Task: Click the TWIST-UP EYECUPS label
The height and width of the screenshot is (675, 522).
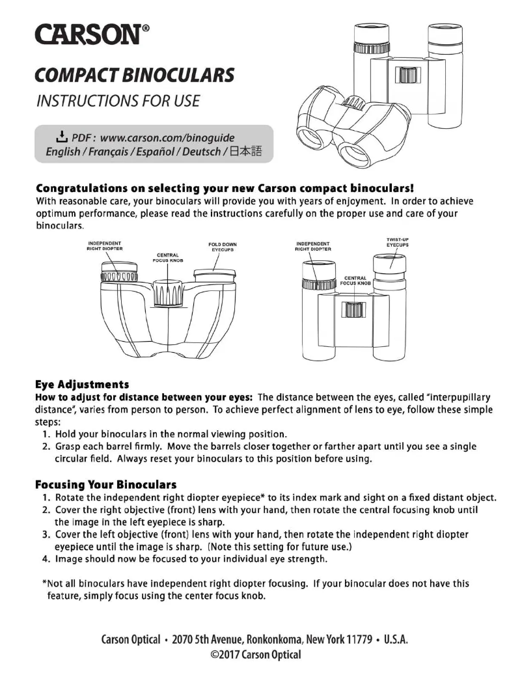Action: pyautogui.click(x=396, y=242)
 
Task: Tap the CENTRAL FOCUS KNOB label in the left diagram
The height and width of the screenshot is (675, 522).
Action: pyautogui.click(x=166, y=256)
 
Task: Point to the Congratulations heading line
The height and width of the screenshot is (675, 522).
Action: pyautogui.click(x=224, y=188)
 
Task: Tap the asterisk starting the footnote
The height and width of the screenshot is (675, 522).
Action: pyautogui.click(x=43, y=582)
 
